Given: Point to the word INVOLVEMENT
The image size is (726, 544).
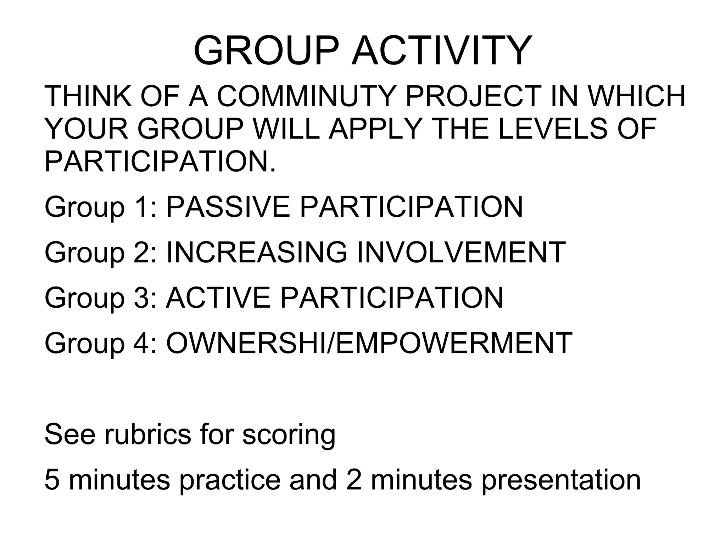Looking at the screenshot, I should pos(461,253).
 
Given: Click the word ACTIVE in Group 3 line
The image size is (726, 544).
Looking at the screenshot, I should pos(218,298).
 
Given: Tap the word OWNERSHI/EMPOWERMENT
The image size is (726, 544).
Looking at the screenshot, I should pos(369,343).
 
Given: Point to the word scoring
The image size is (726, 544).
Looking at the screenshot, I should pos(289,435).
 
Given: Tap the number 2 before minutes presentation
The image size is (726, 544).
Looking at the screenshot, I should pos(354,480).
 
